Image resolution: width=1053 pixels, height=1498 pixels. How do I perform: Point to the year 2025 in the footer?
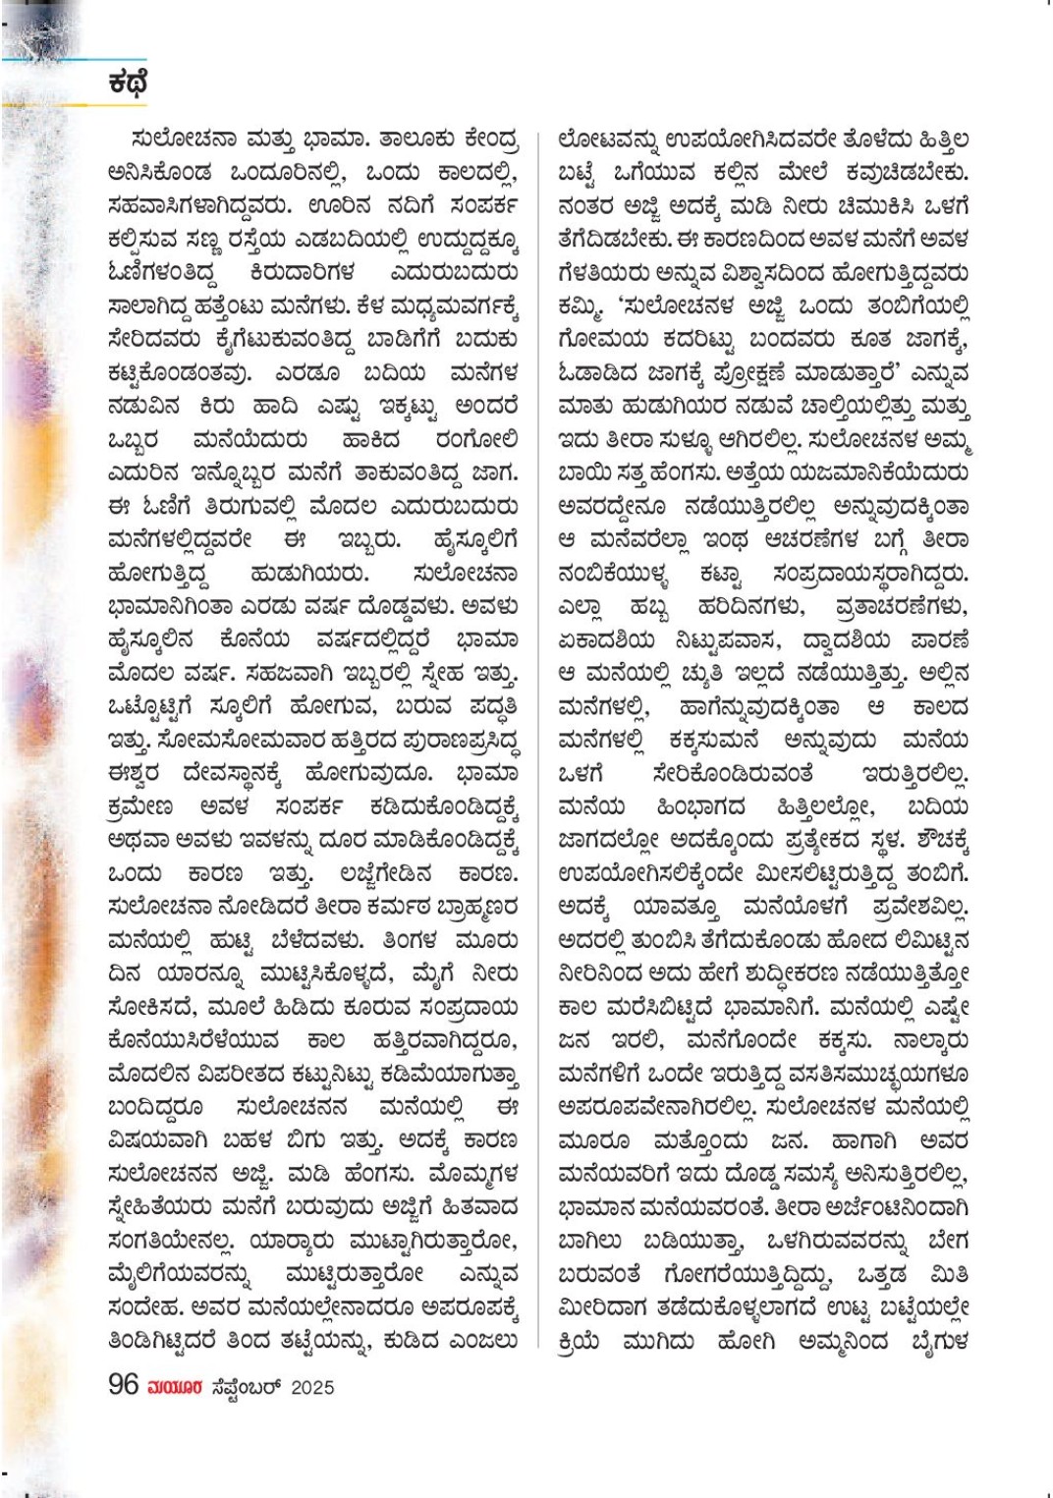pos(312,1387)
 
